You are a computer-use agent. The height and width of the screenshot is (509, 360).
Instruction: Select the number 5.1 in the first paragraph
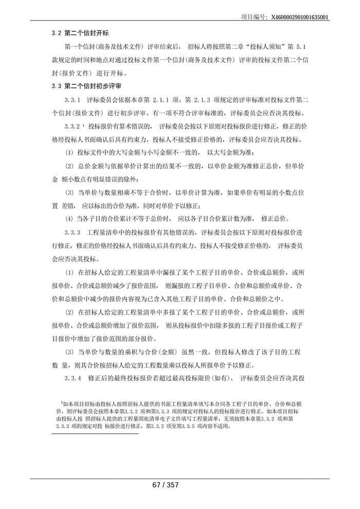pos(300,47)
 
